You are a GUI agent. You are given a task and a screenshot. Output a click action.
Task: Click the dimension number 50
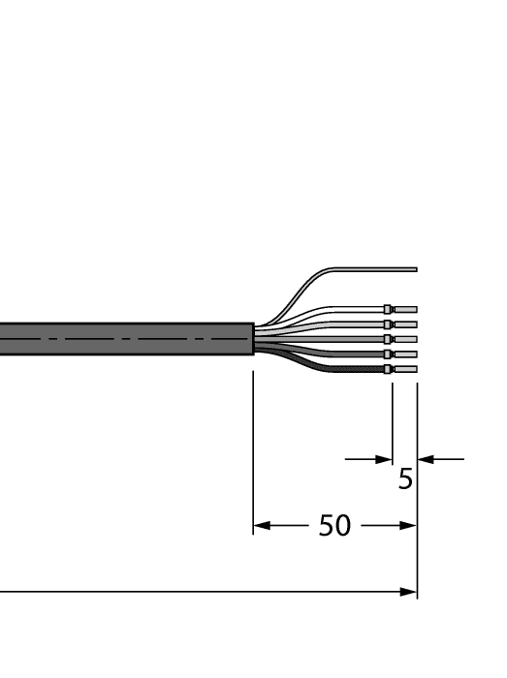334,527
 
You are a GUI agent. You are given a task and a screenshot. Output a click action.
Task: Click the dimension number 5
405,479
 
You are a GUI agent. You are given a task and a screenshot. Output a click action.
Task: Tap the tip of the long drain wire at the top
414,268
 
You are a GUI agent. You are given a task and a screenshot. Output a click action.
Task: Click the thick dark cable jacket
126,339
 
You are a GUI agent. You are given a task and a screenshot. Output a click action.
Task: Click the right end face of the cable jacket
252,339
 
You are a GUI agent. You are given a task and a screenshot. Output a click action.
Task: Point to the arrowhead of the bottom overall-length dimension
408,591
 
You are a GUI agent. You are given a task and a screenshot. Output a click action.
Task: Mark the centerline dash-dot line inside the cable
126,339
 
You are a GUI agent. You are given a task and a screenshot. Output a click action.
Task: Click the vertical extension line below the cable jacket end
253,446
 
